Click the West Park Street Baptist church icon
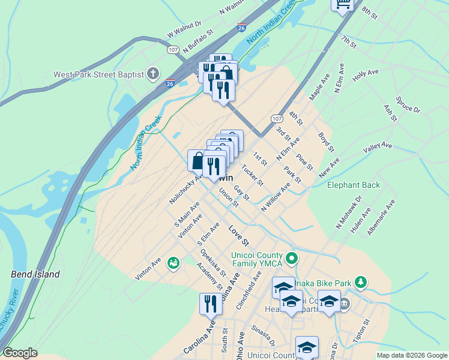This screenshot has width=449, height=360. (153, 74)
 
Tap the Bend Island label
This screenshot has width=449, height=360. (35, 274)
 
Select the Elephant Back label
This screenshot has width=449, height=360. (354, 185)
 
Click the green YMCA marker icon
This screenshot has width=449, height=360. (292, 259)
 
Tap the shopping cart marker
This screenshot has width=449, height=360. (343, 5)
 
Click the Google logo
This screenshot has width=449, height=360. (20, 353)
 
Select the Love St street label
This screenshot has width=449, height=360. (238, 235)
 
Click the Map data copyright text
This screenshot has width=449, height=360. (411, 355)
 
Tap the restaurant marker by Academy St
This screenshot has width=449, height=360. (211, 304)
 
